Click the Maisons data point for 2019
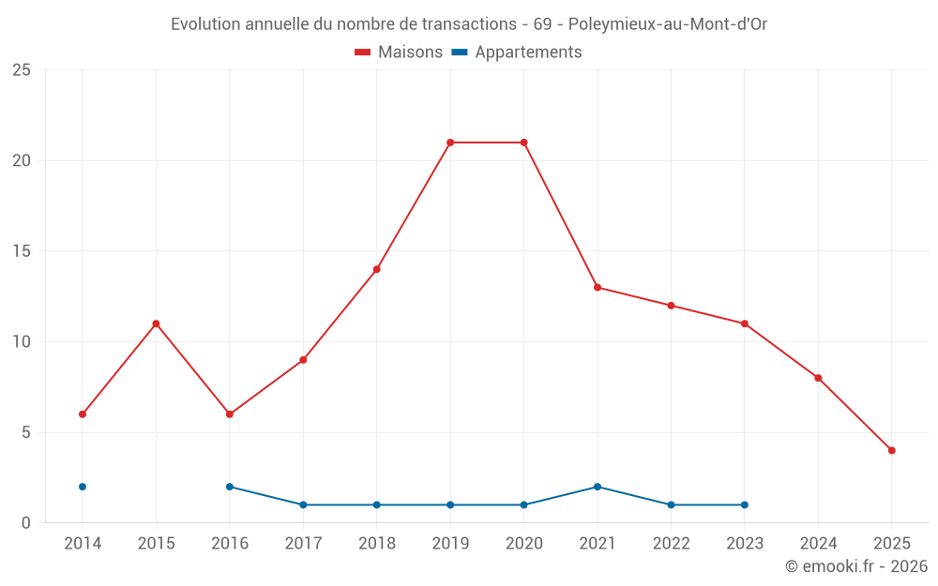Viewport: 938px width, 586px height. pos(450,143)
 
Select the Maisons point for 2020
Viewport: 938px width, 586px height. pos(523,143)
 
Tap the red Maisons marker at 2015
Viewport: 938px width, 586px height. pos(156,323)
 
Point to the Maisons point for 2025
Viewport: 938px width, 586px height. pos(891,450)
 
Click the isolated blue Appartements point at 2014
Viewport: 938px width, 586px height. pos(83,487)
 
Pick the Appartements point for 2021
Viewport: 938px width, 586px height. pos(598,487)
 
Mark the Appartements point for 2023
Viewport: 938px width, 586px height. pos(744,504)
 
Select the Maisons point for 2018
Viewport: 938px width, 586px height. pos(377,269)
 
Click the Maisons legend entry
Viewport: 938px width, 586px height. pos(399,53)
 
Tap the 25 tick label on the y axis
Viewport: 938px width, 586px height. pos(22,70)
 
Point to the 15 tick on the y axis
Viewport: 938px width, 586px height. pos(22,251)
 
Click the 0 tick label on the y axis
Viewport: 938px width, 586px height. pos(26,522)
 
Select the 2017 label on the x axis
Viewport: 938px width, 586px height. pos(303,544)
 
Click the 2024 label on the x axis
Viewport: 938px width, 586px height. pos(818,544)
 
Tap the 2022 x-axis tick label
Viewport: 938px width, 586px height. pos(671,544)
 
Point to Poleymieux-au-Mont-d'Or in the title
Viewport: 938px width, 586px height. pos(668,24)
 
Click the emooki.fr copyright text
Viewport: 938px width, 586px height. pos(855,566)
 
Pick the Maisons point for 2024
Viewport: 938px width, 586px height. pos(818,378)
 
